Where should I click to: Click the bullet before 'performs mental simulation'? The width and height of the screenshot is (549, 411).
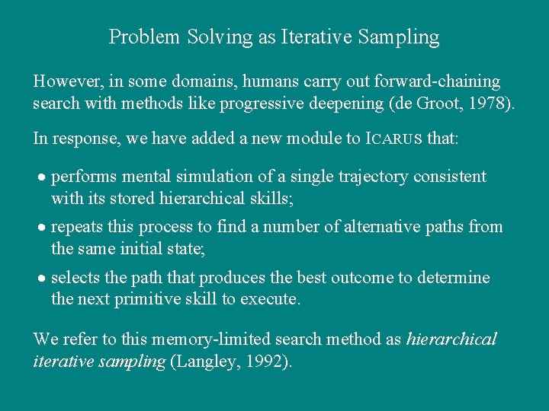43,177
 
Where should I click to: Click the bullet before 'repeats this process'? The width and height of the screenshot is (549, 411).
43,228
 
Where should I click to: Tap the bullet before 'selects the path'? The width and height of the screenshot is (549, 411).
43,279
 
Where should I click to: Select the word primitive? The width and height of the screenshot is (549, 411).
147,298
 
